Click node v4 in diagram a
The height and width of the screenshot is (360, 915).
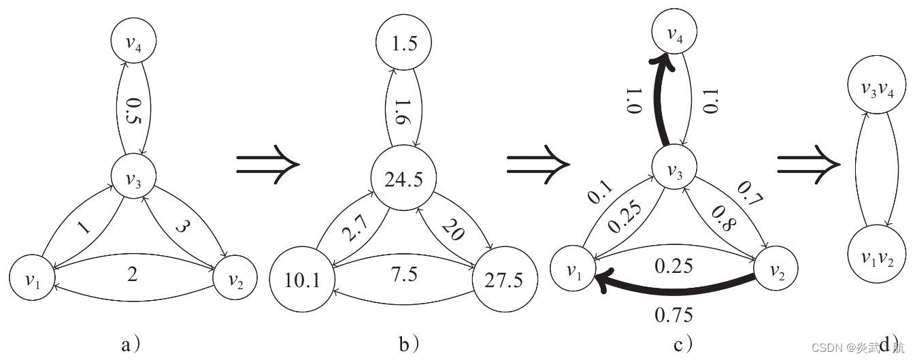pyautogui.click(x=135, y=43)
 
